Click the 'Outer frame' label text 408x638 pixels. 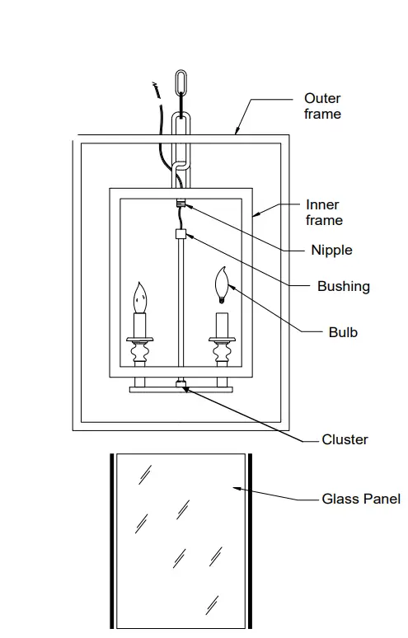pos(322,106)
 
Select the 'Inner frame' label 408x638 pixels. pos(324,213)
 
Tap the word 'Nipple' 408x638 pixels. pos(331,250)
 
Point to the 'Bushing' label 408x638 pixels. pos(343,287)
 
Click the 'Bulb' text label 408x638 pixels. pos(342,333)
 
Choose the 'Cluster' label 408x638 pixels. pos(345,439)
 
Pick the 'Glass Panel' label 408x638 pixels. pos(361,499)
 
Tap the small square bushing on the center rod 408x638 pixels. pos(180,234)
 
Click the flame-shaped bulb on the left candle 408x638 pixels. pos(139,295)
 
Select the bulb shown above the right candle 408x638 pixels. pos(221,284)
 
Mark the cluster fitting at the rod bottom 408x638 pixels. pos(180,383)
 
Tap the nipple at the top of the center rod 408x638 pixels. pos(180,203)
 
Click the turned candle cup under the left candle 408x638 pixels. pos(139,356)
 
